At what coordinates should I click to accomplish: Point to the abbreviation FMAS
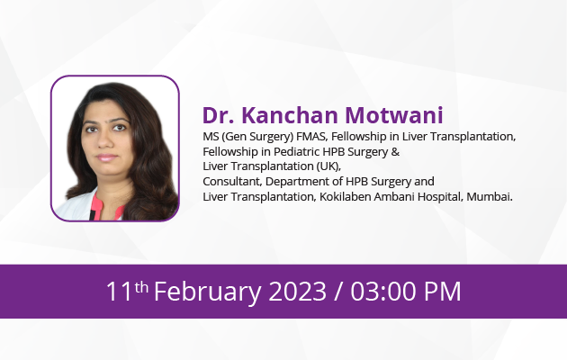coord(310,137)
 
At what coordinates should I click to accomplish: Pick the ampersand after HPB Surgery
coord(395,152)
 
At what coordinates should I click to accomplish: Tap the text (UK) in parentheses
coord(328,166)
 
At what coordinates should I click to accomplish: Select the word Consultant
coord(232,182)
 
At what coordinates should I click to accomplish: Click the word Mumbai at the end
coord(490,196)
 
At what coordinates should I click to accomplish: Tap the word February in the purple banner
coord(207,292)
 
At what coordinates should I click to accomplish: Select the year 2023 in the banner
coord(297,292)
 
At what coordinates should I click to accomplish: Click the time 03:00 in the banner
coord(382,292)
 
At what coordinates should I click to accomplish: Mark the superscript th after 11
coord(141,287)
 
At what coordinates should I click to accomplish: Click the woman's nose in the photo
coord(104,139)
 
